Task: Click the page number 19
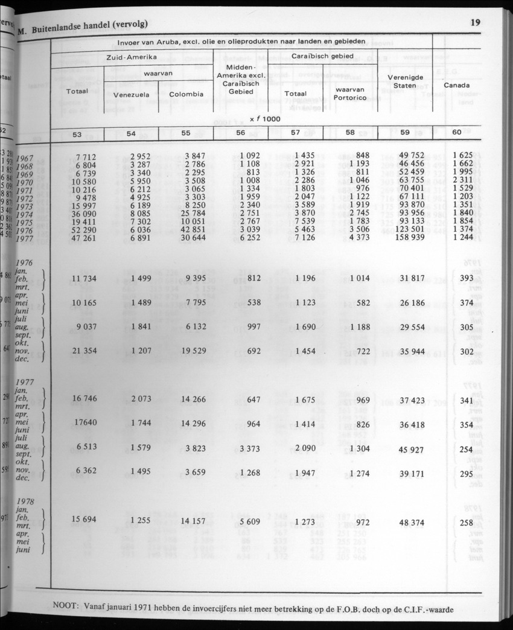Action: tap(475, 23)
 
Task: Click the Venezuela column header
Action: tap(131, 95)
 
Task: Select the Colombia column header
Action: tap(186, 94)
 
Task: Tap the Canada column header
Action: tap(456, 85)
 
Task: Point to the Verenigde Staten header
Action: tap(404, 81)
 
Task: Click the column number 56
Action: tap(240, 134)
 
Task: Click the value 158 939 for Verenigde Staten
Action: tap(409, 238)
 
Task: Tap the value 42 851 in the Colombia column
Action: tap(190, 230)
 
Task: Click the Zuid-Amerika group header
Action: tap(132, 56)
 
